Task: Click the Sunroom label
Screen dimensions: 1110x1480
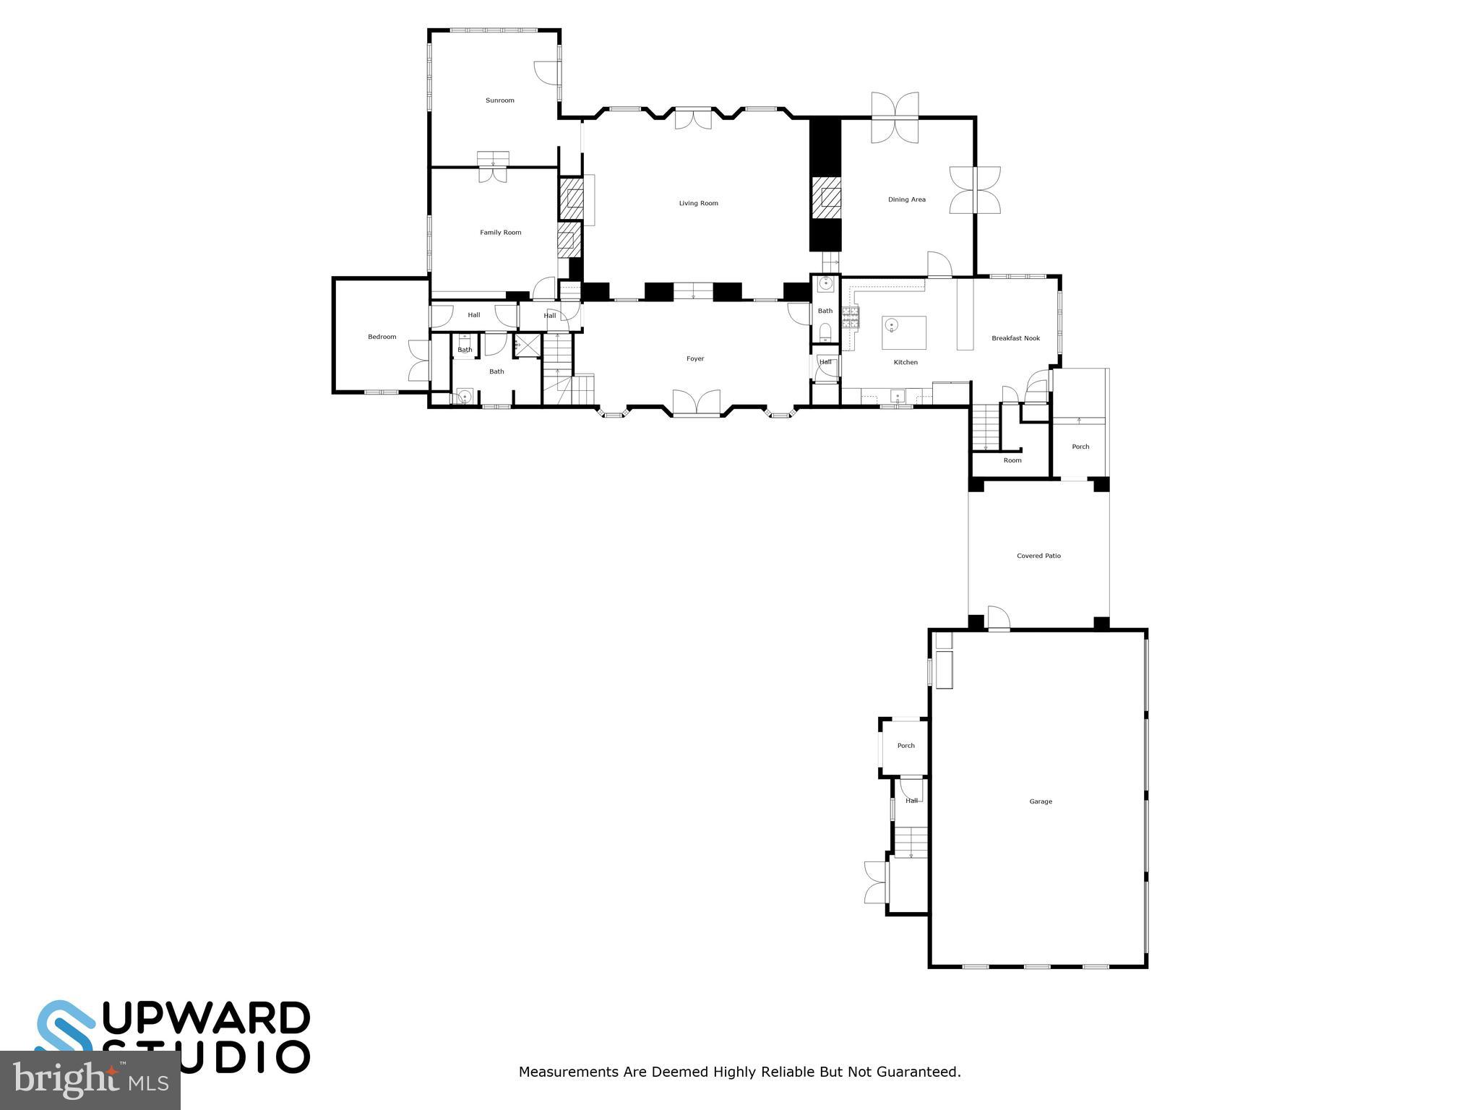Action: click(x=499, y=100)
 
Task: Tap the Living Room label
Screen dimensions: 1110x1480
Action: click(x=698, y=203)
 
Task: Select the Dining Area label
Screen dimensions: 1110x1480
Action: click(x=906, y=199)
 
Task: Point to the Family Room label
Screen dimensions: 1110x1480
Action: click(x=500, y=233)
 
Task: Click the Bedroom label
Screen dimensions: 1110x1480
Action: click(x=382, y=337)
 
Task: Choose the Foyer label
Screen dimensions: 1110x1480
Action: click(x=694, y=358)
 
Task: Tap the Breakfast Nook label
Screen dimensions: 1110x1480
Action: click(x=1015, y=338)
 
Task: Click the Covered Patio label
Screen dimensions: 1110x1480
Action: click(x=1038, y=556)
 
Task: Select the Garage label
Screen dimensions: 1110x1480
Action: click(x=1041, y=801)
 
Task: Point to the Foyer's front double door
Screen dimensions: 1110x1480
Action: click(x=697, y=403)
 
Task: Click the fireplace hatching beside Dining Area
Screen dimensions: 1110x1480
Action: click(x=826, y=197)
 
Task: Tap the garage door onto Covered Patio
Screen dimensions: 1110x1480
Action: click(x=998, y=619)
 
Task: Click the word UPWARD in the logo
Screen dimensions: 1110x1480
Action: click(x=206, y=1018)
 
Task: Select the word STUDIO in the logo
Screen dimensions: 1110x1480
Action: click(x=206, y=1057)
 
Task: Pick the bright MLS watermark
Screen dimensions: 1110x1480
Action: click(x=90, y=1081)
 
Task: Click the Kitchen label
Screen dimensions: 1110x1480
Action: click(x=905, y=362)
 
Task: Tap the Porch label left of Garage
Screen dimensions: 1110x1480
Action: click(x=905, y=746)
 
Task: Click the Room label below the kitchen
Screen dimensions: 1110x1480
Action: click(x=1012, y=460)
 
